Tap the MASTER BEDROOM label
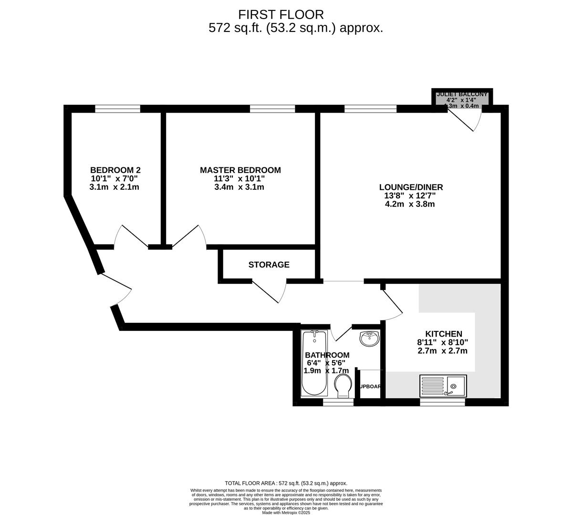click(x=240, y=170)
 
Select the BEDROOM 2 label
click(x=115, y=170)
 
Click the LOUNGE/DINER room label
click(x=411, y=187)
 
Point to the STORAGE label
click(x=269, y=265)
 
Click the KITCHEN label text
click(x=443, y=334)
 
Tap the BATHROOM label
click(x=327, y=355)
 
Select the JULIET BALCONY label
click(x=462, y=94)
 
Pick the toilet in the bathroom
click(x=343, y=385)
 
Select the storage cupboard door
click(x=270, y=290)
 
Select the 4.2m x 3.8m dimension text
click(x=410, y=204)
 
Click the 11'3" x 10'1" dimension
click(x=239, y=179)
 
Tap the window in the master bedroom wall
click(x=272, y=109)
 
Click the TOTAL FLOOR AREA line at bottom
click(x=286, y=483)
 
